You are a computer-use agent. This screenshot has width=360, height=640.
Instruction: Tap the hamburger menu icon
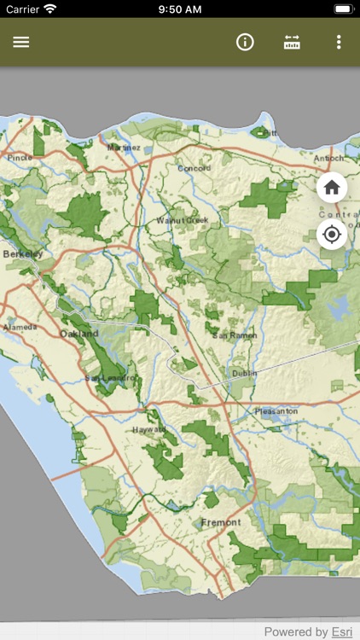[x=21, y=42]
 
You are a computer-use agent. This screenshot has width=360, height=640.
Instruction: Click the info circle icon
[x=246, y=42]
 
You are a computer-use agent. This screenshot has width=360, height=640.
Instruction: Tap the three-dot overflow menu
[x=339, y=42]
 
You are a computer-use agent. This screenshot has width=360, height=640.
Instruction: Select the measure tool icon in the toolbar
[x=293, y=42]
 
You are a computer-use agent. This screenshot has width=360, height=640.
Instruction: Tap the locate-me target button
[x=332, y=234]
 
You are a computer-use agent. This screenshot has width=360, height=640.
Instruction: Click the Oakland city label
[x=78, y=334]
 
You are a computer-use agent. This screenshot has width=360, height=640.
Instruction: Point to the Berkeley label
[x=22, y=254]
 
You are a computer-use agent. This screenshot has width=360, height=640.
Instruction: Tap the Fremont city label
[x=221, y=521]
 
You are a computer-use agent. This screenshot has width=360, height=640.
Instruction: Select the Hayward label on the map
[x=148, y=430]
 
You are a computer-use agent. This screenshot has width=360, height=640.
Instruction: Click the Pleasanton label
[x=276, y=411]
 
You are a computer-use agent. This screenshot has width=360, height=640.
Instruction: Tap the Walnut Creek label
[x=182, y=220]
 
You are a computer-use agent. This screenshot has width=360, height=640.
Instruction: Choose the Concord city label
[x=194, y=168]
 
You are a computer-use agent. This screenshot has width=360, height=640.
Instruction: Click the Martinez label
[x=124, y=148]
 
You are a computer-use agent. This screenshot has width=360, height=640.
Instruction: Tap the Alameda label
[x=20, y=327]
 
